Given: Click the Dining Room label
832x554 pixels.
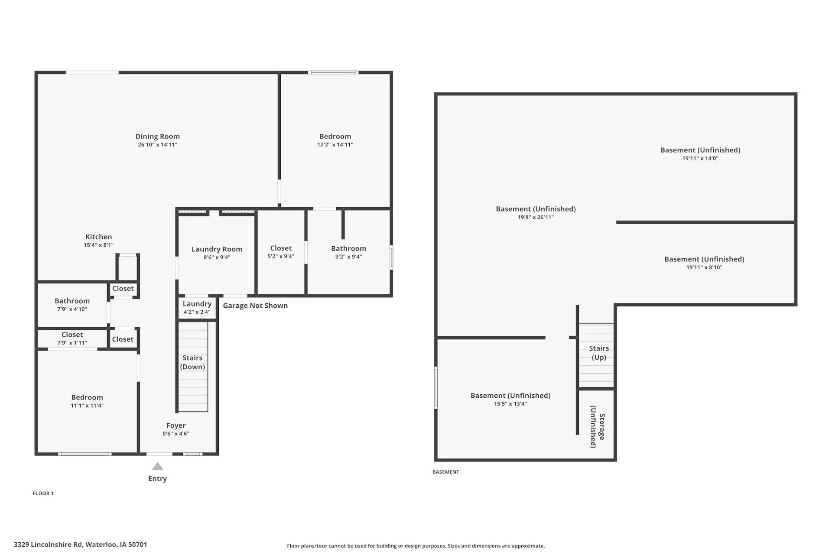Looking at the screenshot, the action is click(x=157, y=136).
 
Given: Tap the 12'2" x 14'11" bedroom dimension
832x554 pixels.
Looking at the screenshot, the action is click(x=335, y=145).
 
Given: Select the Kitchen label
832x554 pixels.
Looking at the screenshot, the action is click(x=98, y=237).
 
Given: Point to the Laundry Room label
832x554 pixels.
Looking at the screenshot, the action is click(x=217, y=249).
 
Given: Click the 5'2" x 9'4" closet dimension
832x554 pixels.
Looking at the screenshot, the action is click(x=281, y=256).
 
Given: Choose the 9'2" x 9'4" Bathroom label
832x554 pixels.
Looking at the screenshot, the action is click(x=348, y=248).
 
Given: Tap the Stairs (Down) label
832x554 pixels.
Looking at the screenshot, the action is click(x=192, y=362).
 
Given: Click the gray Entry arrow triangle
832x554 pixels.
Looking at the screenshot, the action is click(x=157, y=466).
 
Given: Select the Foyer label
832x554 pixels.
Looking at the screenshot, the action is click(x=176, y=425).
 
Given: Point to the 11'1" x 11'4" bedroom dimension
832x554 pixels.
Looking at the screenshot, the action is click(x=87, y=406).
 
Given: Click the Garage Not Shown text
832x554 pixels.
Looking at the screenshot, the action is click(x=255, y=306).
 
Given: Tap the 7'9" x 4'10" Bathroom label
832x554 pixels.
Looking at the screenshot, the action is click(x=72, y=301).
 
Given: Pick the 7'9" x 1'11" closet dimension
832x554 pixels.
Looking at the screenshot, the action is click(x=72, y=343).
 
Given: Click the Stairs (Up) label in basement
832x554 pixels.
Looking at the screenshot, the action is click(x=599, y=353).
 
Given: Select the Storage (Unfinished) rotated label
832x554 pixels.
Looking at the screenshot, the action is click(x=598, y=427).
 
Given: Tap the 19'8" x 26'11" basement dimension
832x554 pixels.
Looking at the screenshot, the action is click(x=536, y=217).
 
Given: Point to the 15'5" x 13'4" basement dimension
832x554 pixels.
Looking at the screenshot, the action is click(x=510, y=404).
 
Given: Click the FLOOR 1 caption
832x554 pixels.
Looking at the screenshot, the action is click(x=43, y=493).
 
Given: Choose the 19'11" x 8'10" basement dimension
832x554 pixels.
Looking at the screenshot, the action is click(x=704, y=267).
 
